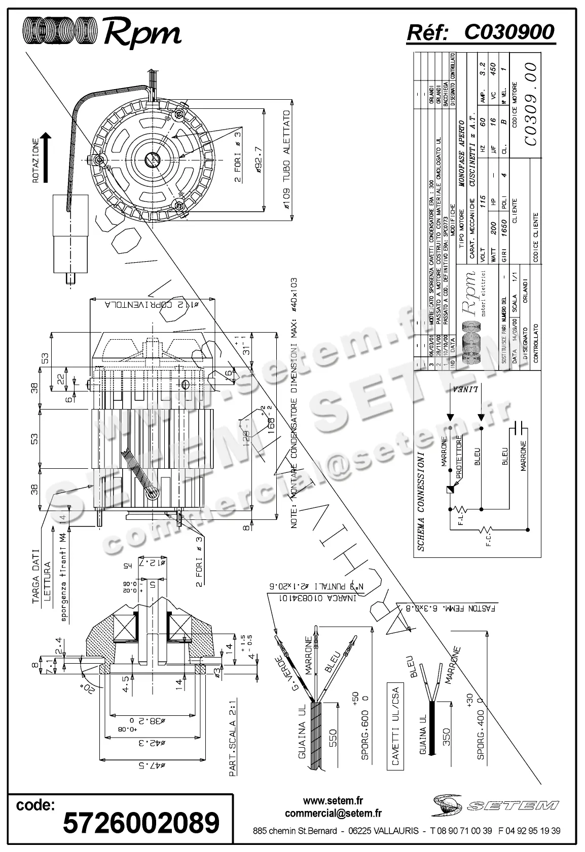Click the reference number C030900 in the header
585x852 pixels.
pos(509,32)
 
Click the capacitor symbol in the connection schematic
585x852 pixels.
pos(517,428)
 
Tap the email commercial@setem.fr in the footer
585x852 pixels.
pos(333,814)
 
